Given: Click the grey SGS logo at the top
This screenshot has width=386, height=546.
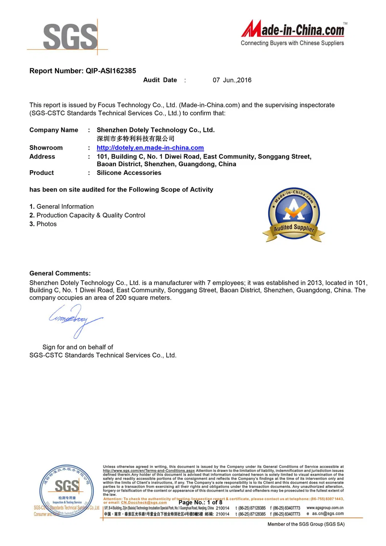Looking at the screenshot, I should tap(70, 36).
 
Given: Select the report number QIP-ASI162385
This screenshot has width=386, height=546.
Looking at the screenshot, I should tap(111, 71).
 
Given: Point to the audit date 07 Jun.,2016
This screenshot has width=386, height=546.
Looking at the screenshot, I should tap(232, 80).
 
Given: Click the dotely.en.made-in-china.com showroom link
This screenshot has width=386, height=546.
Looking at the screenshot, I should tap(150, 148).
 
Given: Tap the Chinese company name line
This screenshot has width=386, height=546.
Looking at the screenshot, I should tap(135, 139).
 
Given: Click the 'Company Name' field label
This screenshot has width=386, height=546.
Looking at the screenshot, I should tap(54, 130).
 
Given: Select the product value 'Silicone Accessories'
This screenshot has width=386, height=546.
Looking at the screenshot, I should tap(129, 173).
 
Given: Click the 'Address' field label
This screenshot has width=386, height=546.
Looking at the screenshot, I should tap(42, 157).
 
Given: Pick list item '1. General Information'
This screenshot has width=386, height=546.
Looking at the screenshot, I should tap(62, 207).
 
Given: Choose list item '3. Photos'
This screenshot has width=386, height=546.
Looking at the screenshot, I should tap(43, 224).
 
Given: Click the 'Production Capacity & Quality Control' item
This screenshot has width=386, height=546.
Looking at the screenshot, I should tap(91, 215).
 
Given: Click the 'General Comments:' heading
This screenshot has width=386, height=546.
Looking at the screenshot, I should tap(60, 273).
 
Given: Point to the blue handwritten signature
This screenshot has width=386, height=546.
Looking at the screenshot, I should tap(75, 320).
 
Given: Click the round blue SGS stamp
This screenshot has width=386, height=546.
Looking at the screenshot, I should tap(66, 490).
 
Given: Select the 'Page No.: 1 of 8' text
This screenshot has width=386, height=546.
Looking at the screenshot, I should tap(200, 502).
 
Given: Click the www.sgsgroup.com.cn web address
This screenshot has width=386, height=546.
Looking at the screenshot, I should tap(325, 508).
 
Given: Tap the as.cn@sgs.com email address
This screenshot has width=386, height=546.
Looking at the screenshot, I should tap(327, 514).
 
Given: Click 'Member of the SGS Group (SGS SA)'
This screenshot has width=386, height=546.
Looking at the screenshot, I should tap(306, 524).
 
